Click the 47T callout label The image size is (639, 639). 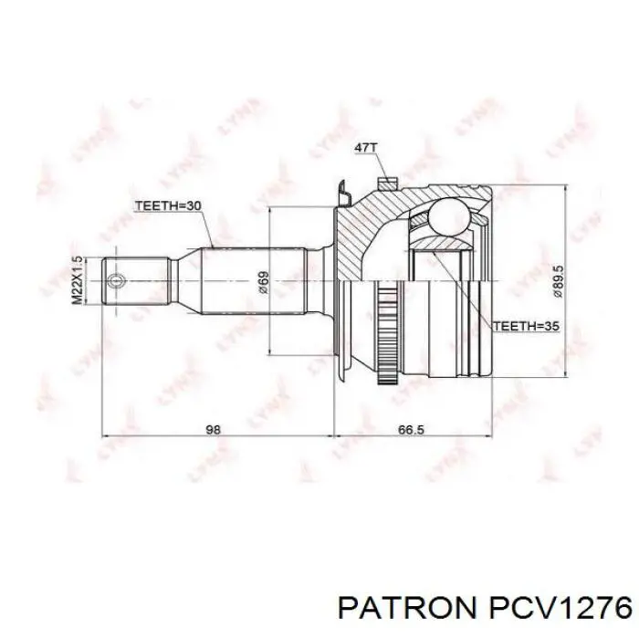(x=366, y=147)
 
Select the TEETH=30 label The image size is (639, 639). (x=168, y=205)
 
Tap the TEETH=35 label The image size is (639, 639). (x=526, y=326)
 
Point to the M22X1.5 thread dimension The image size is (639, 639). (x=77, y=280)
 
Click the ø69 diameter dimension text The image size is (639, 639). (x=263, y=281)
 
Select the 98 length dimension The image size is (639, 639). (x=213, y=430)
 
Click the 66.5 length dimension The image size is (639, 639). (x=413, y=430)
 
